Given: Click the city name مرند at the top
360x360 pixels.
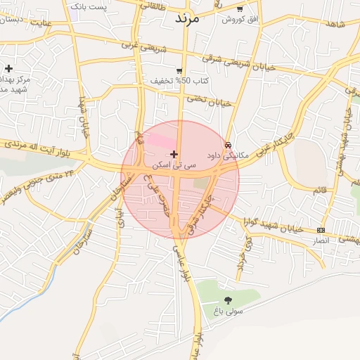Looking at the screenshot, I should (x=188, y=18).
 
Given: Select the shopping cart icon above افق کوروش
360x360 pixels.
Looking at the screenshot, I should (x=240, y=9).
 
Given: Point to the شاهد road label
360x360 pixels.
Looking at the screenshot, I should (x=336, y=25).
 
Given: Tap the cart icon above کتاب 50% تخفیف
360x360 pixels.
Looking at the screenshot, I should (x=179, y=70).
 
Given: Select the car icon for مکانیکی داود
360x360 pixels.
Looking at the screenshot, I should (x=228, y=145).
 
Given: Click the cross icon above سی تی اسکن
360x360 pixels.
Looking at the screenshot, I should (x=174, y=154).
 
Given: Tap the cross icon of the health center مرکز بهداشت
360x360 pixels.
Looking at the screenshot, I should (x=8, y=69).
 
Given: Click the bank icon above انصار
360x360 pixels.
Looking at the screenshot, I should (x=321, y=230).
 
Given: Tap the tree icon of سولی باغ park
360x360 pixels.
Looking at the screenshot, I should (x=228, y=300).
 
